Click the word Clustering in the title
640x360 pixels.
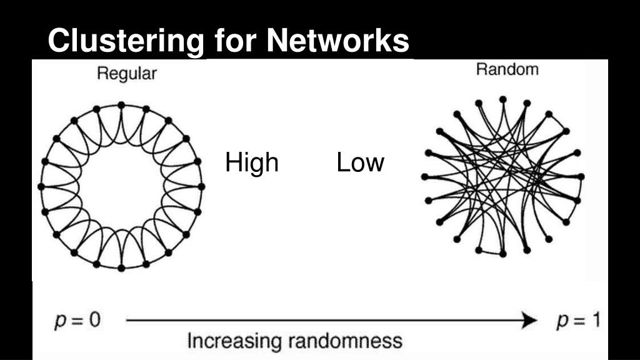[x=126, y=41]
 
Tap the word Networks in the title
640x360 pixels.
[x=338, y=41]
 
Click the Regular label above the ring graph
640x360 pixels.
[x=127, y=74]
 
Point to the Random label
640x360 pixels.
[x=507, y=69]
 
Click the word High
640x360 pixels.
[x=251, y=162]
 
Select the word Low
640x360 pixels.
[x=360, y=162]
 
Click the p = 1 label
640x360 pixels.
[x=578, y=321]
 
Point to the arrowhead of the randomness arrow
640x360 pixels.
[x=531, y=321]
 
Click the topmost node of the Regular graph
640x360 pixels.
[x=121, y=104]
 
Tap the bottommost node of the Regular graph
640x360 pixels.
[x=121, y=267]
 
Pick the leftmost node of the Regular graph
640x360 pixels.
[x=41, y=186]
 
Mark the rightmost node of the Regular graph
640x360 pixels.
[x=201, y=186]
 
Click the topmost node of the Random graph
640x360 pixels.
[x=502, y=99]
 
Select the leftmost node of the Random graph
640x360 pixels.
[x=424, y=177]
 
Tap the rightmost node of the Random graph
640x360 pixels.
[x=581, y=177]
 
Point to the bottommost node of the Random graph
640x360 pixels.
[x=502, y=254]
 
